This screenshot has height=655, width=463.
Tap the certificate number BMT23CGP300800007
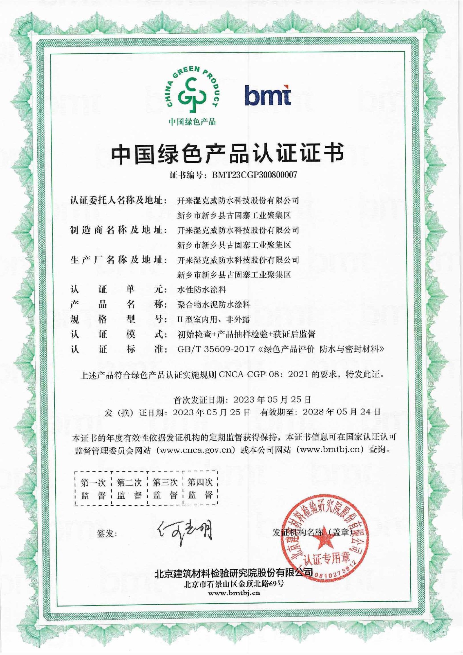pyautogui.click(x=255, y=175)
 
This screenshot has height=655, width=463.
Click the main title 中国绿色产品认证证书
pyautogui.click(x=227, y=153)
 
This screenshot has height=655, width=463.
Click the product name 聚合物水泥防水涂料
pyautogui.click(x=214, y=305)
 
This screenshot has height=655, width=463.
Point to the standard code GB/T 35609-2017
pyautogui.click(x=216, y=349)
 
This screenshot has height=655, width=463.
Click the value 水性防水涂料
pyautogui.click(x=202, y=290)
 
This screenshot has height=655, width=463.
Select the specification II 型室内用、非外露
pyautogui.click(x=214, y=319)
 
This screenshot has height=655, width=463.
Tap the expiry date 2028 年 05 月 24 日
pyautogui.click(x=342, y=412)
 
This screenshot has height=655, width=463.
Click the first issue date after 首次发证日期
pyautogui.click(x=272, y=400)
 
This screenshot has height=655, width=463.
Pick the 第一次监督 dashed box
pyautogui.click(x=93, y=488)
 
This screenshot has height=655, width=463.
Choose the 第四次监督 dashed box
pyautogui.click(x=200, y=488)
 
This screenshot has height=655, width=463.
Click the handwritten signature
pyautogui.click(x=185, y=532)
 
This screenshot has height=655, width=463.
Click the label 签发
pyautogui.click(x=107, y=533)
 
